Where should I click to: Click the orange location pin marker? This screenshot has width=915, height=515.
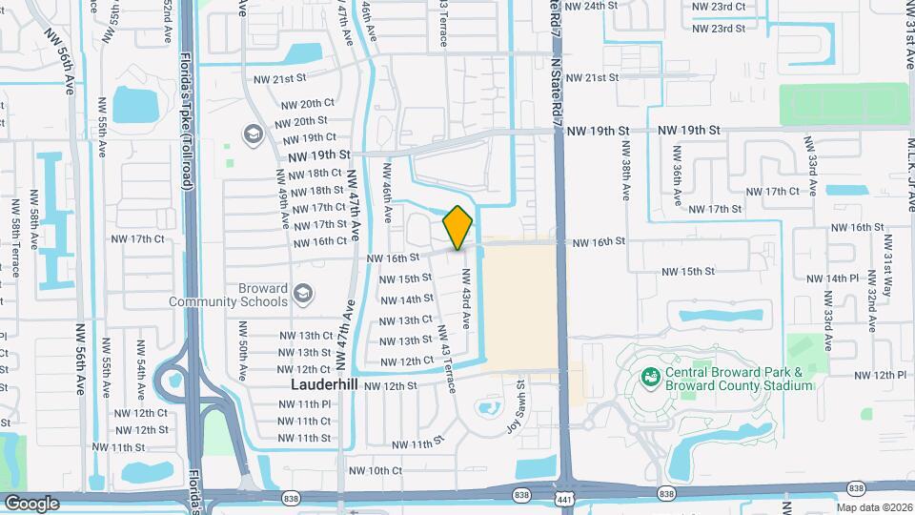[457, 228]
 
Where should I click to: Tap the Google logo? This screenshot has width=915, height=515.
[31, 503]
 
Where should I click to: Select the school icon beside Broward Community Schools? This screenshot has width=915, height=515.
[303, 293]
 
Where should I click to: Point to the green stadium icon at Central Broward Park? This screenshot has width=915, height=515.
[651, 378]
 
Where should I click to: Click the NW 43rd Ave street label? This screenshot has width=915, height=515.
[466, 298]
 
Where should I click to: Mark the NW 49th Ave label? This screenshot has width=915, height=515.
[283, 199]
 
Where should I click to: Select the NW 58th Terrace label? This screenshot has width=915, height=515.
[33, 225]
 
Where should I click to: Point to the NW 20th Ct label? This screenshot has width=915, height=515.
[304, 103]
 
